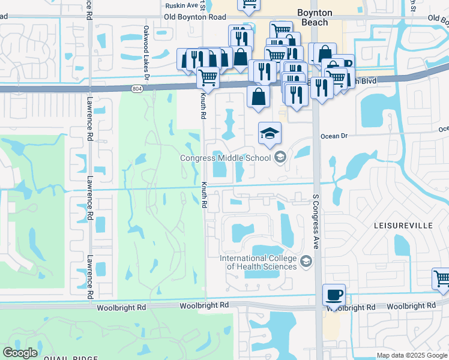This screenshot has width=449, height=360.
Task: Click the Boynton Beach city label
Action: pos(314,17)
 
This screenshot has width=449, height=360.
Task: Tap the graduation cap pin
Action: pos(270,134)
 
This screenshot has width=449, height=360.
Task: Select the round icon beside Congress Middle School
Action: pos(280,158)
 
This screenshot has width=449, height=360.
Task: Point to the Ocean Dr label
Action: pos(334,136)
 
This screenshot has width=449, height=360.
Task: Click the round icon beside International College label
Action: pos(306,260)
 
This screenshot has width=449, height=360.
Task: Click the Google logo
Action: pos(20,353)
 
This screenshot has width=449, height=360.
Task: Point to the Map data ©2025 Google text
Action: pos(412,355)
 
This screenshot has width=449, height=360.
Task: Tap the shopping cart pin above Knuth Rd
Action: pos(208,78)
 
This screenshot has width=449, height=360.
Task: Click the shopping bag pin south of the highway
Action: pos(258,97)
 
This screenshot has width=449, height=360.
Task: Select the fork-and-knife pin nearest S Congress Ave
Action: pos(322,88)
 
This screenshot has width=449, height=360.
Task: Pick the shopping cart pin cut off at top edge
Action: pos(249,4)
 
